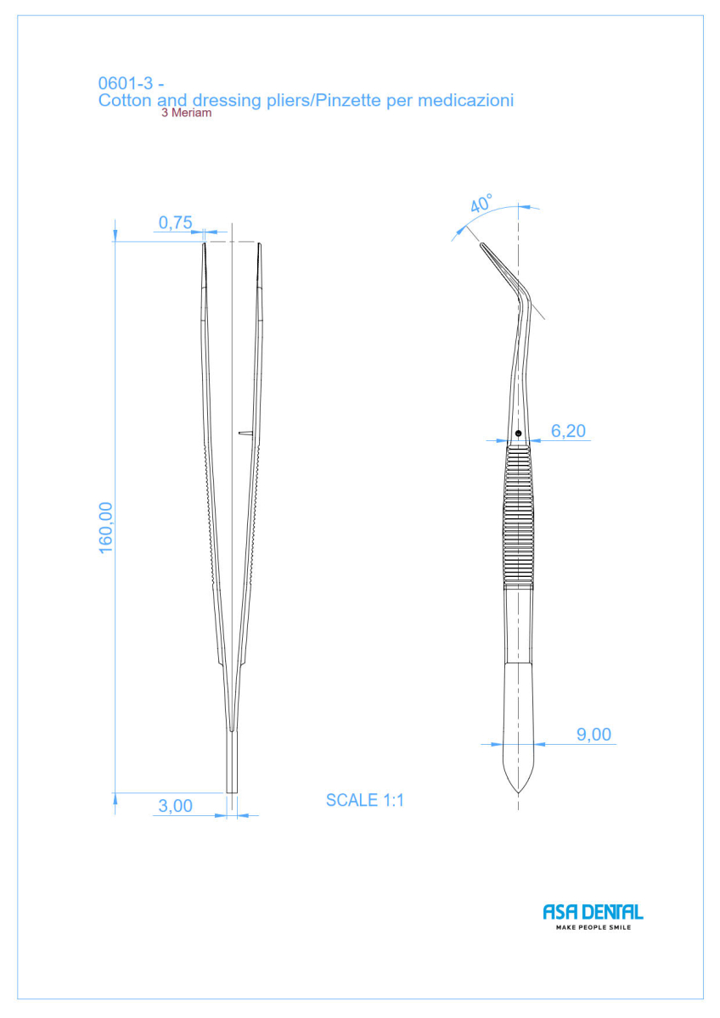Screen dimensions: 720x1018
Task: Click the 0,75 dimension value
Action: [175, 222]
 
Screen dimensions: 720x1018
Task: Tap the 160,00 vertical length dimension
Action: [105, 528]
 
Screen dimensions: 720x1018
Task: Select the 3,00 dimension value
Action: [175, 806]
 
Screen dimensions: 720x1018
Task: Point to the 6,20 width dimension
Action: [568, 431]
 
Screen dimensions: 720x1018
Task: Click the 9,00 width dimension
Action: [593, 735]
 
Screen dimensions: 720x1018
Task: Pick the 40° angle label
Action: [481, 203]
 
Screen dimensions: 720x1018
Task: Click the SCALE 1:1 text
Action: [365, 800]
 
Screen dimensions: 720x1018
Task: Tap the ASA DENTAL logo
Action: [593, 912]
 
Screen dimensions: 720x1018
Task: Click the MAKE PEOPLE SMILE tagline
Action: [593, 927]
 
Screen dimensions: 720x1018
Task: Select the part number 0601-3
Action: [126, 83]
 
